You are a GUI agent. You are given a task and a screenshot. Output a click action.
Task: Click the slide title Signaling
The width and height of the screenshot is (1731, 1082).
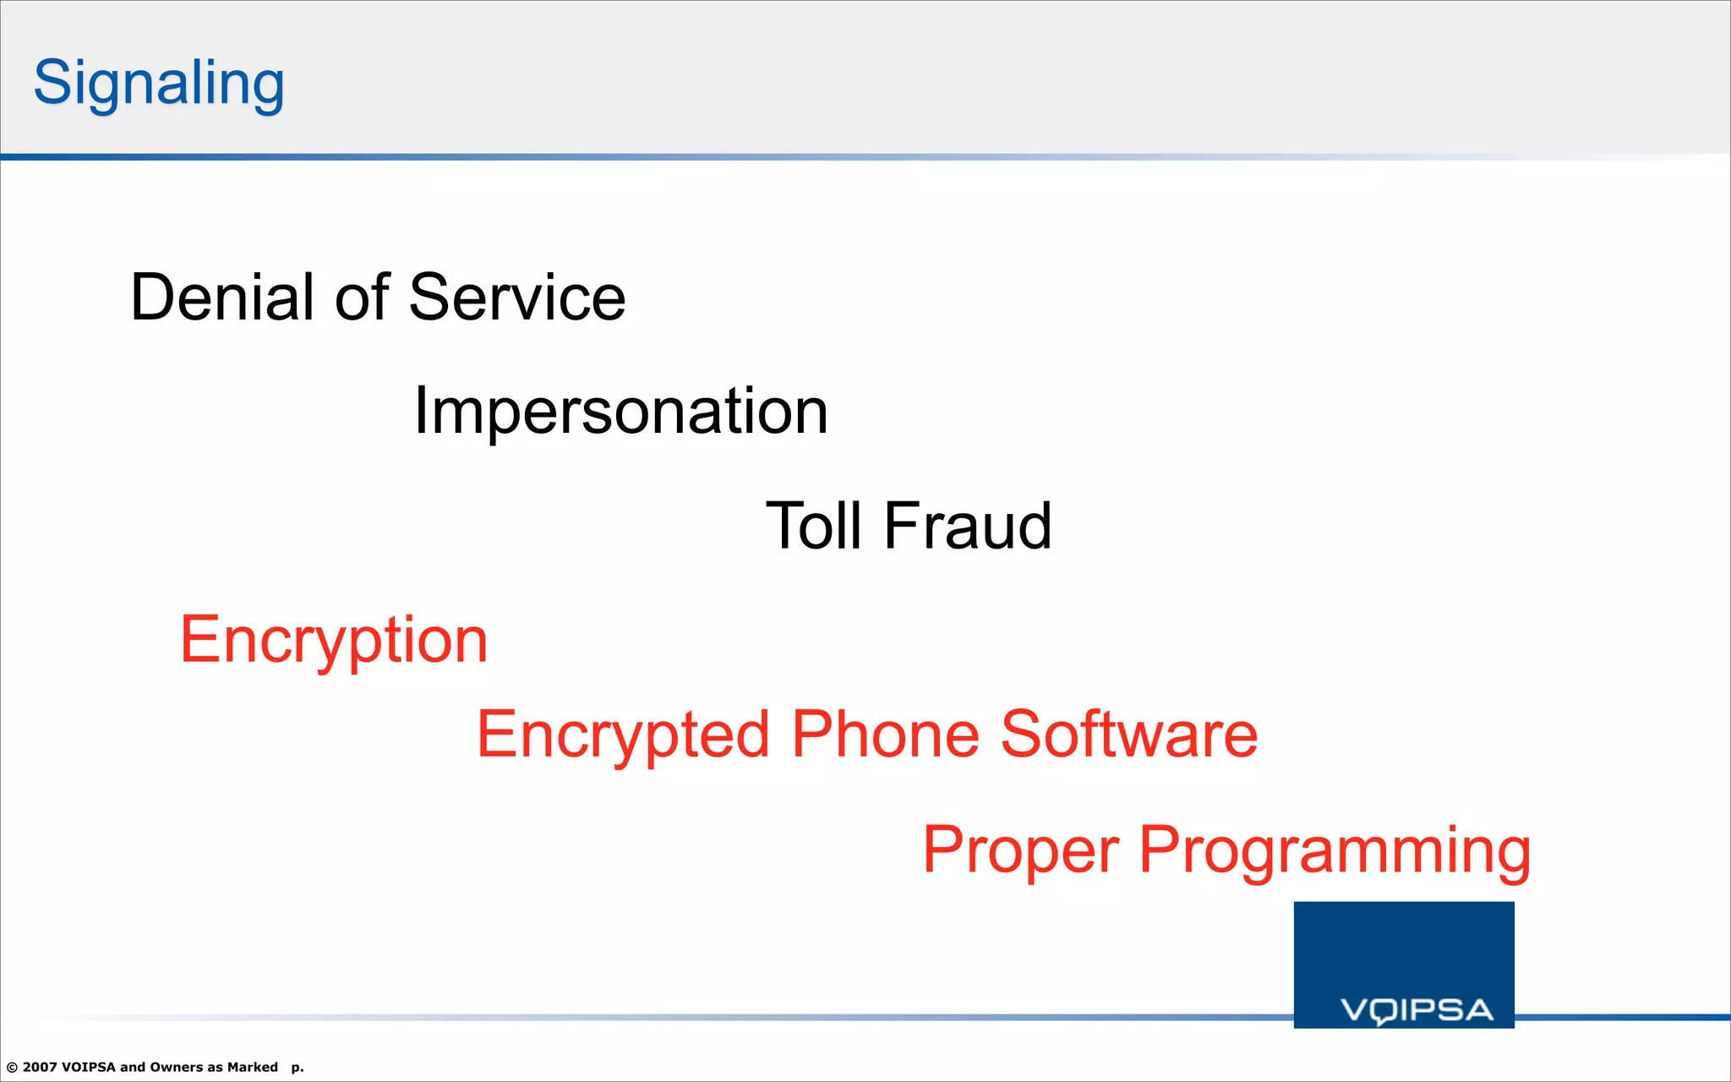tap(159, 84)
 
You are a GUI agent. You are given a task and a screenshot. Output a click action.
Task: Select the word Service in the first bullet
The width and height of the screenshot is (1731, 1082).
tap(517, 298)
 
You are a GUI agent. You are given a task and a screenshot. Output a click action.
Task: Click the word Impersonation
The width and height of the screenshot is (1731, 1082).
tap(620, 412)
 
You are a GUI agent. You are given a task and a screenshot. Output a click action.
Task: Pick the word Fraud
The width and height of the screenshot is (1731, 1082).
tap(968, 526)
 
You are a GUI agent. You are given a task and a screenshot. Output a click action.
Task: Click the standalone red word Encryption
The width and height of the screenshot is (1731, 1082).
tap(334, 641)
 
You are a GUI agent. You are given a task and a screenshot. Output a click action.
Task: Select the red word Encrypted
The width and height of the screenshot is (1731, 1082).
tap(623, 735)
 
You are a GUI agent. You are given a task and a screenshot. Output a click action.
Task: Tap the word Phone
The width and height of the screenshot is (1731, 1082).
tap(885, 734)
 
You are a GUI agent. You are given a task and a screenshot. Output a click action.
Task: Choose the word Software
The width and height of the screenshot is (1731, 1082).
tap(1129, 734)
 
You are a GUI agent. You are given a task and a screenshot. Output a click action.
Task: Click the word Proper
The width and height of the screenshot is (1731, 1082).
tap(1020, 850)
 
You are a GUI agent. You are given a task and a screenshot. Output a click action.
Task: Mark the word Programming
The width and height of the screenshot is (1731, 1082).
tap(1335, 850)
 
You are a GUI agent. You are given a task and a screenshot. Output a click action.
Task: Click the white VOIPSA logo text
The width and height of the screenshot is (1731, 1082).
tap(1417, 1010)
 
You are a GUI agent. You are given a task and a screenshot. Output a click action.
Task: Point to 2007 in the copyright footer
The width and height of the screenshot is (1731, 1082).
tap(40, 1067)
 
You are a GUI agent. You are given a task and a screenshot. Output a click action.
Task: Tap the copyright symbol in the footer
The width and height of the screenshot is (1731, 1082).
tap(12, 1068)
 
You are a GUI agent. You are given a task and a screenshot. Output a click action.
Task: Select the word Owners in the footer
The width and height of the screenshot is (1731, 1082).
tap(176, 1067)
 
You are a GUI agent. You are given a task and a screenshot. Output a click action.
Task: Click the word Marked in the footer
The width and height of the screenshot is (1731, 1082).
tap(253, 1067)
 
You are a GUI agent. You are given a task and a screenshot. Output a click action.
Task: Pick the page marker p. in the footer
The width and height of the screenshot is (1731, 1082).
tap(298, 1068)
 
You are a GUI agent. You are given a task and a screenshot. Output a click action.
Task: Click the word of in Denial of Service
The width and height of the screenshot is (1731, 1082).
tap(363, 298)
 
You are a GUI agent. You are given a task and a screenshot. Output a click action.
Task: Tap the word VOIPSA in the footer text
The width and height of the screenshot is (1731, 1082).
tap(89, 1067)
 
